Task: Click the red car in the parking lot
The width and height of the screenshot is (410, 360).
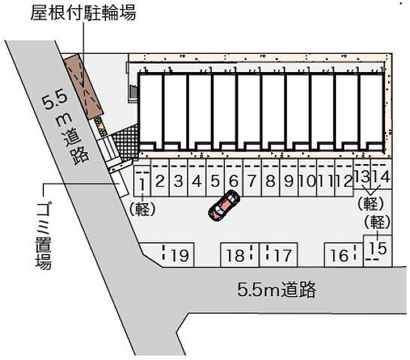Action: click(x=224, y=205)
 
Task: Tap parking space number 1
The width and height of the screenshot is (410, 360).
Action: click(x=142, y=181)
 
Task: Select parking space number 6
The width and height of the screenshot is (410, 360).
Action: click(x=234, y=177)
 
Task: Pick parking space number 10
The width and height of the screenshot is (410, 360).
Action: click(x=307, y=177)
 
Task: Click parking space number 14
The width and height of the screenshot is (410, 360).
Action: click(x=381, y=174)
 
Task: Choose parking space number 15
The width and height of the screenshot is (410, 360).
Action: click(x=378, y=251)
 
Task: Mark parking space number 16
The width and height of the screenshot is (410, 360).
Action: click(x=344, y=255)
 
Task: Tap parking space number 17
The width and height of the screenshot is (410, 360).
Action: click(x=278, y=255)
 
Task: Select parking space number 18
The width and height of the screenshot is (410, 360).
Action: click(x=240, y=255)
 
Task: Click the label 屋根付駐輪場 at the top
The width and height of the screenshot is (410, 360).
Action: click(x=83, y=13)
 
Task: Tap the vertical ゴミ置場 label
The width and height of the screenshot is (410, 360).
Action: click(x=43, y=235)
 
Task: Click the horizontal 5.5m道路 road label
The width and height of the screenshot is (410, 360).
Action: click(x=276, y=289)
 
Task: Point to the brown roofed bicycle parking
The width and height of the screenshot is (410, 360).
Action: click(x=83, y=86)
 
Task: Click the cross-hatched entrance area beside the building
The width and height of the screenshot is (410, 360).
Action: click(x=126, y=143)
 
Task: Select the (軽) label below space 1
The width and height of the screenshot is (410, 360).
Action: click(x=142, y=209)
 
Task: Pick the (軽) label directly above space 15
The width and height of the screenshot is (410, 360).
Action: click(x=378, y=222)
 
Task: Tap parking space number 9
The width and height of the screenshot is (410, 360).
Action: click(x=289, y=177)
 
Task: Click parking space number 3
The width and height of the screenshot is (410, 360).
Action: click(x=178, y=177)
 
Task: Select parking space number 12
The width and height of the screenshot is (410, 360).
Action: click(x=344, y=177)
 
